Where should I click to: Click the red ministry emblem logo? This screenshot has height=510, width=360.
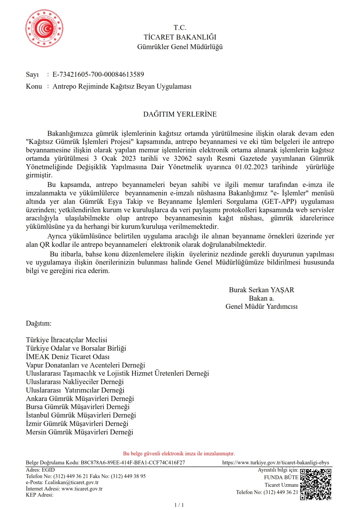(44, 28)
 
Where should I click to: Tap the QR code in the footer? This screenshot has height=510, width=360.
(316, 484)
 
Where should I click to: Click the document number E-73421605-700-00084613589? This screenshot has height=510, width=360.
(98, 74)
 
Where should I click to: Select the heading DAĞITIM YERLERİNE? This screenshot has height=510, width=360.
(180, 114)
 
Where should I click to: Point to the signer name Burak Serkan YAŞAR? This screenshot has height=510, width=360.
(262, 290)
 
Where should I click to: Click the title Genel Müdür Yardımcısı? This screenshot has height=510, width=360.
(262, 306)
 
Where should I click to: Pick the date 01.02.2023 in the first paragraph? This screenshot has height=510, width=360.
(251, 167)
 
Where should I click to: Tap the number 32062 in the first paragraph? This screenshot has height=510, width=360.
(183, 158)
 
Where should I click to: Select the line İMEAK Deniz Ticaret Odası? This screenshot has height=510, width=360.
(68, 357)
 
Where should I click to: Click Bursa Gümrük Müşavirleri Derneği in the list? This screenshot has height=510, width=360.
(78, 407)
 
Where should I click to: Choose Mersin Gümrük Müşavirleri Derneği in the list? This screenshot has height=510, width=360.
(79, 432)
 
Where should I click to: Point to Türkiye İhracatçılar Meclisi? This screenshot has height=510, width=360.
(67, 340)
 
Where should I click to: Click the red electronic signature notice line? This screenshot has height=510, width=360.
(179, 454)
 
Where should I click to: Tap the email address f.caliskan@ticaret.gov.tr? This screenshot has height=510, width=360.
(71, 482)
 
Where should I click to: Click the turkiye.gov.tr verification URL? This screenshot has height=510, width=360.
(275, 463)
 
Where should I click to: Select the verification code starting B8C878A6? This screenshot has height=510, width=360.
(133, 463)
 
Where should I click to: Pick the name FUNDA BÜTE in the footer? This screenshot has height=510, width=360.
(281, 477)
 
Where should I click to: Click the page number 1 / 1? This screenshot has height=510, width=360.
(179, 505)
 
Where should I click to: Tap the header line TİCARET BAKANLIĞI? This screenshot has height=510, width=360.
(180, 37)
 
